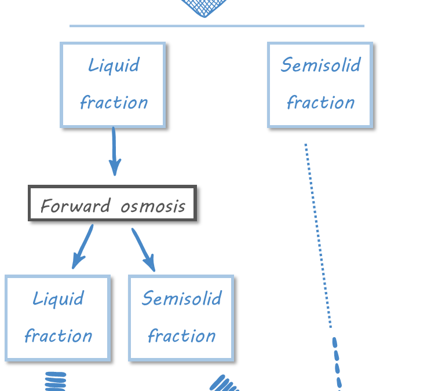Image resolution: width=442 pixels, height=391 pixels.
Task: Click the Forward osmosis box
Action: point(112,203)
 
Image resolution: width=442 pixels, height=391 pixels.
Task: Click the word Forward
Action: point(75,206)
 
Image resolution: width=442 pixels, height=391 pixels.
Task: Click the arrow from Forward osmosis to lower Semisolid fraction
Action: point(144,249)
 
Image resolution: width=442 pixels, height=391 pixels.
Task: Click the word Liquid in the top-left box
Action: point(114,65)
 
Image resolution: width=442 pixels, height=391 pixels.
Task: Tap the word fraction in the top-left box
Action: point(114,103)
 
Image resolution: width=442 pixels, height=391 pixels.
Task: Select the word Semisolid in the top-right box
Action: point(320,64)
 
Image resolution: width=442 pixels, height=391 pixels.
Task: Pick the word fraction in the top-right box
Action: point(320,103)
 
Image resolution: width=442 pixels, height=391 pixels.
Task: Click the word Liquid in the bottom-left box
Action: point(58,298)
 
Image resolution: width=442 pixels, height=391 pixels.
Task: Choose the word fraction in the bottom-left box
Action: point(58,336)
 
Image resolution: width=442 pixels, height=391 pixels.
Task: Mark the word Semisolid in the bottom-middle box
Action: point(181,298)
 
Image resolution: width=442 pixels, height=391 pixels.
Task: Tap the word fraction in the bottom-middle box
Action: point(181,336)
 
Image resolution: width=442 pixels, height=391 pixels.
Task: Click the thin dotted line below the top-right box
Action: point(318,235)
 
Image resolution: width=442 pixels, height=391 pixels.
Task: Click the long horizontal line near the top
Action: point(217,25)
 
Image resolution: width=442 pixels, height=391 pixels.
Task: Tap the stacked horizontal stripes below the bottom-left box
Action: point(56,381)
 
